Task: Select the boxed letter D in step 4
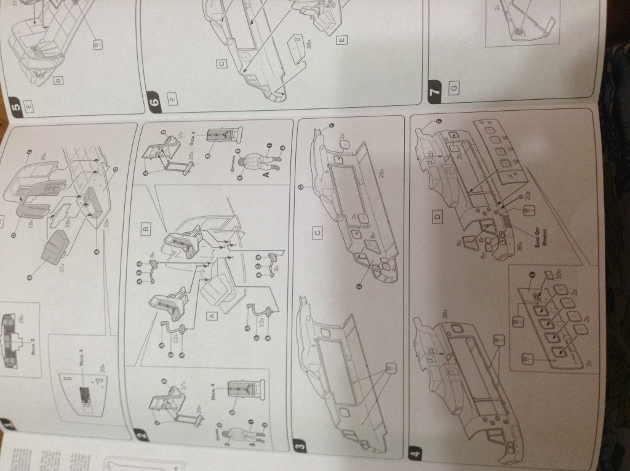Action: (437, 218)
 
